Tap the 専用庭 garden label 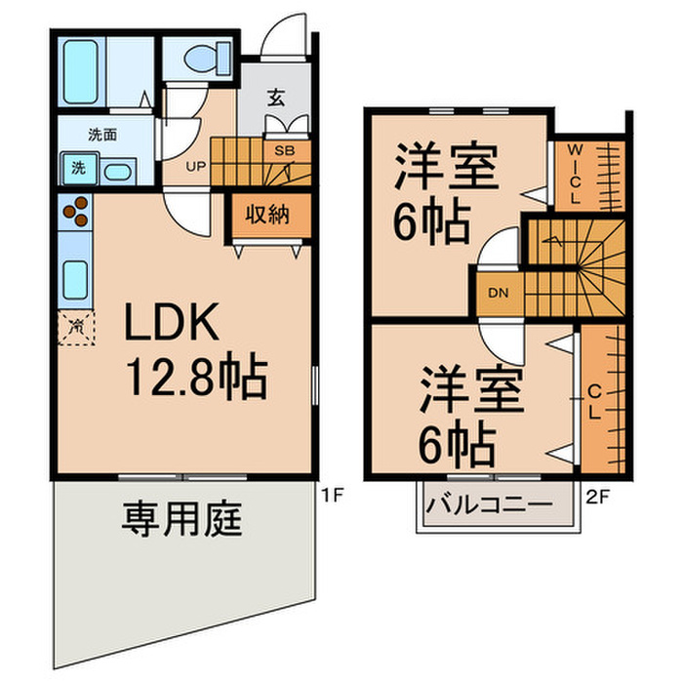click(181, 519)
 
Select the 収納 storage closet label click(265, 216)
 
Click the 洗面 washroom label click(102, 135)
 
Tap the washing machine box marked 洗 click(77, 168)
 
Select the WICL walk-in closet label click(576, 174)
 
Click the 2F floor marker click(598, 495)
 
